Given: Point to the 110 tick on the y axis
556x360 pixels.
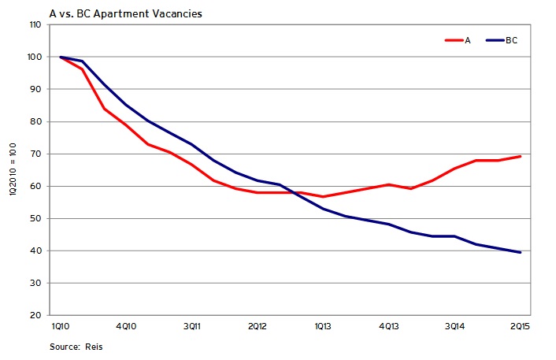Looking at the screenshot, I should tap(35, 25).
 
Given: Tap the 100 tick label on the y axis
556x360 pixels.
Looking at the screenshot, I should tap(35, 58).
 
